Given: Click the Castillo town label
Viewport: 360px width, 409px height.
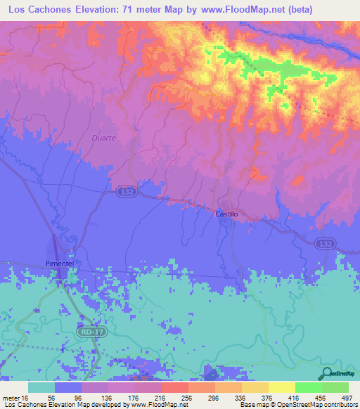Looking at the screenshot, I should [x=227, y=213].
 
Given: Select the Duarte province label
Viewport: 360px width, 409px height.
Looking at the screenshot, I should [x=103, y=138].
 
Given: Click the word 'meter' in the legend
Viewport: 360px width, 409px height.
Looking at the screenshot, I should [x=11, y=397].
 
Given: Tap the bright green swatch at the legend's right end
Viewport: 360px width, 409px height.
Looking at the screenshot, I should [x=335, y=387].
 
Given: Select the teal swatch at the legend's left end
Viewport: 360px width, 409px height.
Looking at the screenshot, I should [x=41, y=387].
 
